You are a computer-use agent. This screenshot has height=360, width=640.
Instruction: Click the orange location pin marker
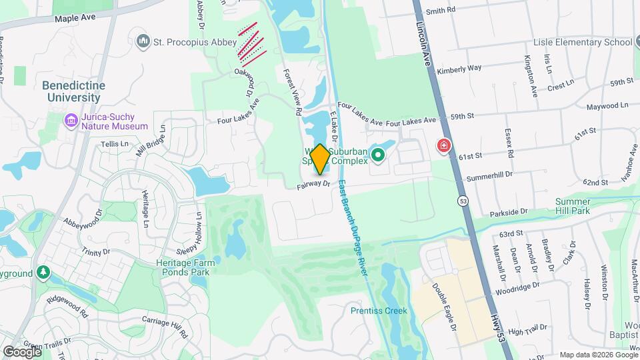point(319,159)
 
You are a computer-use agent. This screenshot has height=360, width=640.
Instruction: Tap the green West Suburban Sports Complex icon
point(378,156)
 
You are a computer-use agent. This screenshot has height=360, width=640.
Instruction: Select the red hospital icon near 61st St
point(443,145)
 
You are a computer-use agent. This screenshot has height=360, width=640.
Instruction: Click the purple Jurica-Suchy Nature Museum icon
point(71,121)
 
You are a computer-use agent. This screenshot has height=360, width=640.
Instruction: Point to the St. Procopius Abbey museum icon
point(143,42)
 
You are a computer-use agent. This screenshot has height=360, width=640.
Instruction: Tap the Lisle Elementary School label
point(583,43)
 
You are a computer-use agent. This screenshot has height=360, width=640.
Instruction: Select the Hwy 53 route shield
point(461,200)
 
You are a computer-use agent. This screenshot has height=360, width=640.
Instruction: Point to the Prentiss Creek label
point(379,310)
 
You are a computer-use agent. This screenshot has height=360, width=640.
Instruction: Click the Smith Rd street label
point(440,11)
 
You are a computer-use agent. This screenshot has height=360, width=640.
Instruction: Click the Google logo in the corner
point(22,351)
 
